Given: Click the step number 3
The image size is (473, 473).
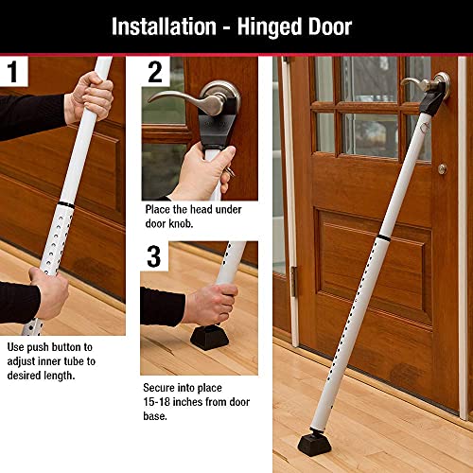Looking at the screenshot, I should tap(154, 256).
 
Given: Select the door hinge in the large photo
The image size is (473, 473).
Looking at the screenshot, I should tap(293, 280).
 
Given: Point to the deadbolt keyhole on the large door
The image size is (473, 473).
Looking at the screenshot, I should tap(441, 168).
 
